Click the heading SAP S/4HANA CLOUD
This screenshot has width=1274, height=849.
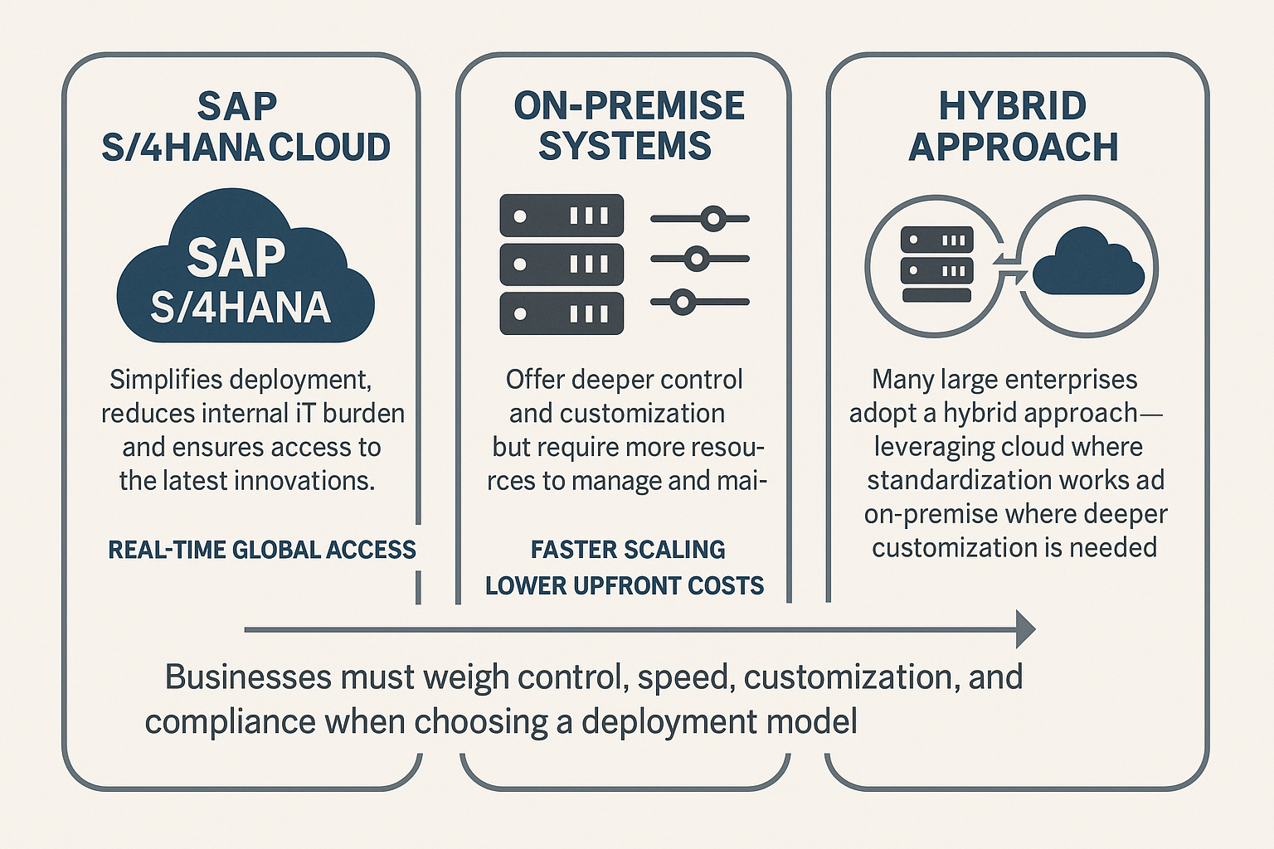coord(246,127)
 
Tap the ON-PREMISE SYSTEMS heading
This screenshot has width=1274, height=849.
coord(629,124)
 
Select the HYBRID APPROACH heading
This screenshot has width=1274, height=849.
coord(1013,126)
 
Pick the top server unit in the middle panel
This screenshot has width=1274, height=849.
coord(562,216)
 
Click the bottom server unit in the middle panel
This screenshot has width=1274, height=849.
coord(562,313)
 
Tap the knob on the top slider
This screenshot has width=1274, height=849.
coord(712,218)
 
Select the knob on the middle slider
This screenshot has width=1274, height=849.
coord(697,260)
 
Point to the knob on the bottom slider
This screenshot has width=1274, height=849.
coord(682,302)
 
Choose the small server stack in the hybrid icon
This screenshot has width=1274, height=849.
coord(936,264)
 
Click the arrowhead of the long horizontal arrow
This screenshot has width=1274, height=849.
coord(1025,629)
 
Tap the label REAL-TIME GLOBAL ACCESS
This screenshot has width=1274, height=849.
coord(262,550)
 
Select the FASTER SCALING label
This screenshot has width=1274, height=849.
coord(628,550)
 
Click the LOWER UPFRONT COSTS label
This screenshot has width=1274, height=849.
coord(625,585)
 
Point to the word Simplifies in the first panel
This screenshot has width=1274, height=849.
coord(165,380)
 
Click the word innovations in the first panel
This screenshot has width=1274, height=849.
coord(304,481)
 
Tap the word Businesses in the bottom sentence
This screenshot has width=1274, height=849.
coord(249,677)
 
